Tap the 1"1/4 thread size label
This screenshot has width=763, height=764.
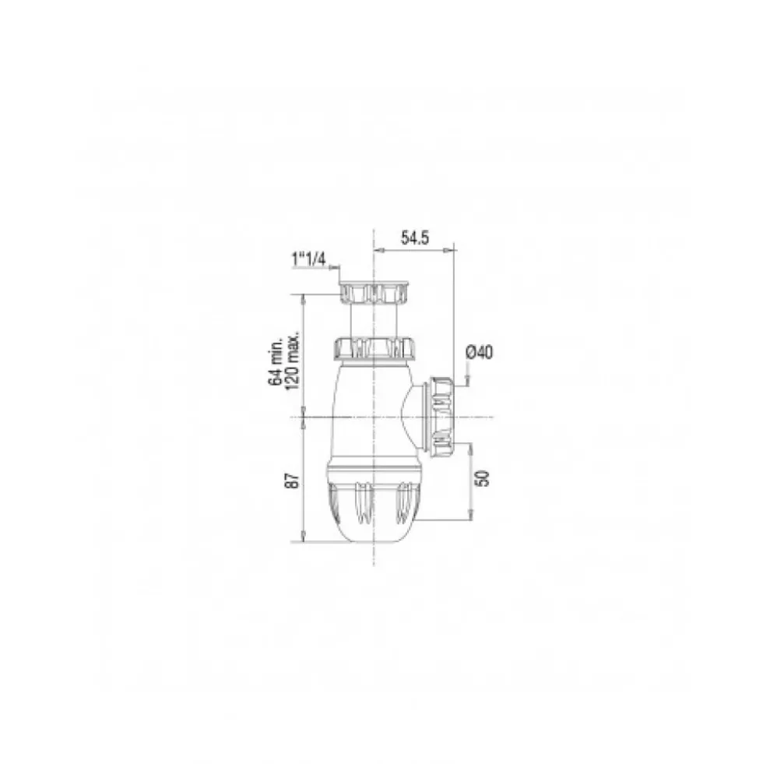click(x=308, y=259)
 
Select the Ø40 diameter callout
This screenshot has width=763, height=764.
click(x=480, y=352)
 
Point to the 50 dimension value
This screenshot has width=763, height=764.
click(x=483, y=478)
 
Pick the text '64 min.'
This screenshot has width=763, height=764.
click(x=276, y=361)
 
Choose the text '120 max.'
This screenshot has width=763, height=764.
click(x=292, y=361)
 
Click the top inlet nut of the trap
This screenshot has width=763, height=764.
click(x=373, y=293)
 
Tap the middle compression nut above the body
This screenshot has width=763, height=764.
click(x=373, y=348)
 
